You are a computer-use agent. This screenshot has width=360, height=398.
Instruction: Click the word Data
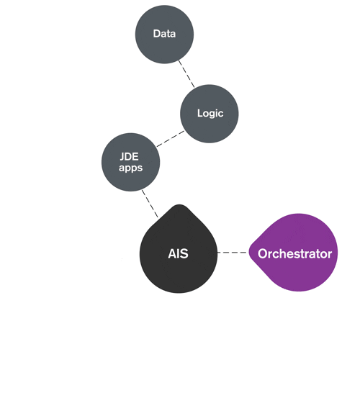tap(164, 34)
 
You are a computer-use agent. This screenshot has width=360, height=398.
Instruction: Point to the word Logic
tap(210, 114)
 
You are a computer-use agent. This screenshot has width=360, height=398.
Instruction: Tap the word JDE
tap(130, 156)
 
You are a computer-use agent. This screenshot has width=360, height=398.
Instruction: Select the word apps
tap(130, 168)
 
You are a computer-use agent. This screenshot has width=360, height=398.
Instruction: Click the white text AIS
tap(178, 253)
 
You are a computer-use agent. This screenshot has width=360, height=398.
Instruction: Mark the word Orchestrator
tap(294, 253)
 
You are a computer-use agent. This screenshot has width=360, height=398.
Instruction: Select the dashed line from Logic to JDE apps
tap(169, 138)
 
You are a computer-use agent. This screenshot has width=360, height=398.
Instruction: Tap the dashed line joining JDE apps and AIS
tap(150, 203)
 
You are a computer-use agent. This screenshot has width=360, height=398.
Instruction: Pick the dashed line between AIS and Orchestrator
tap(232, 253)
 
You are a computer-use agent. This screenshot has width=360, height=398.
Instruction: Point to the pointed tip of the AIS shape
tap(179, 207)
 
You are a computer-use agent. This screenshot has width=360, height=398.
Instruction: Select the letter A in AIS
tap(171, 253)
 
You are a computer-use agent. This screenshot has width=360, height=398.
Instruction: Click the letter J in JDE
tap(122, 156)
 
